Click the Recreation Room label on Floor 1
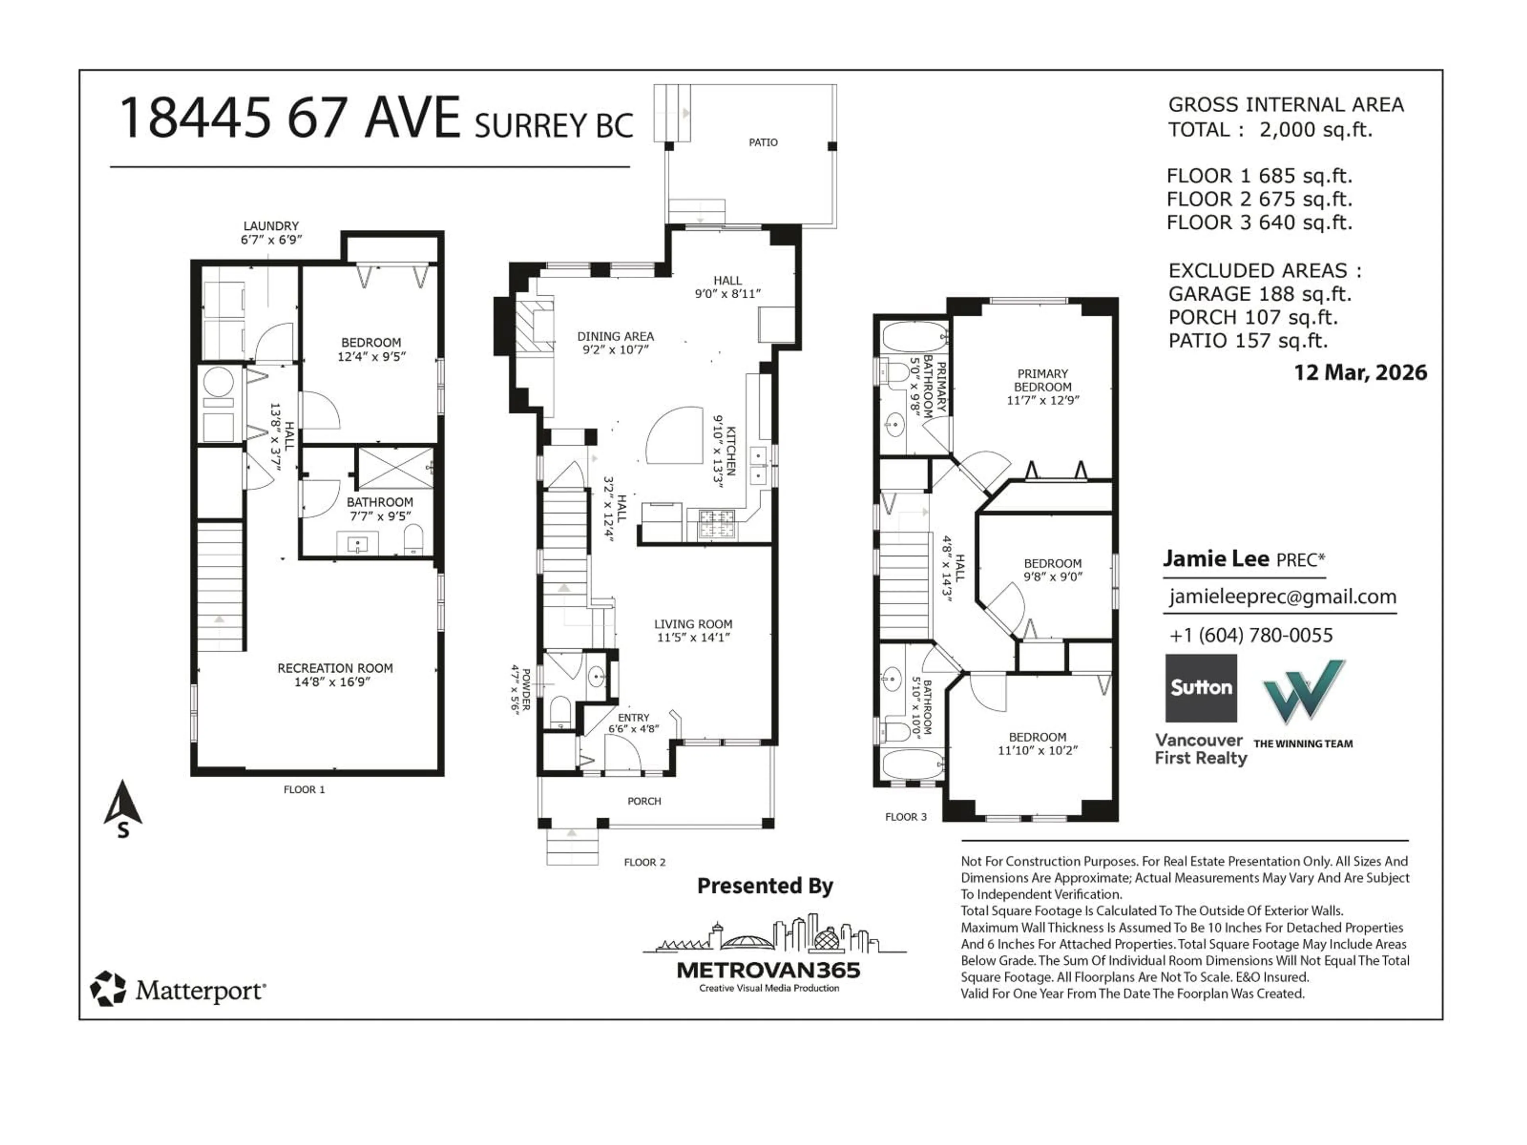click(335, 668)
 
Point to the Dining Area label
click(615, 336)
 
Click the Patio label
click(763, 142)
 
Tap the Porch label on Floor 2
click(644, 801)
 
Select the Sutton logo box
click(1201, 688)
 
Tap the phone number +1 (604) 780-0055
click(1251, 635)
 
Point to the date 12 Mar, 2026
click(1360, 373)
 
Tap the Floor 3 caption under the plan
click(906, 817)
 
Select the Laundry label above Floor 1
click(271, 226)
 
